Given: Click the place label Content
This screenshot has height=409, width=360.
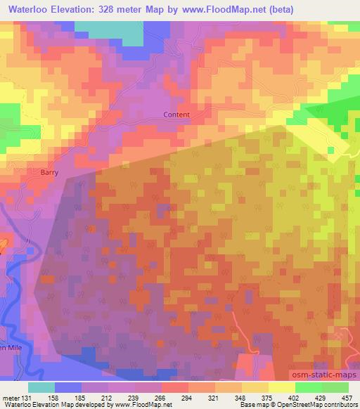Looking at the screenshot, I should click(x=176, y=115).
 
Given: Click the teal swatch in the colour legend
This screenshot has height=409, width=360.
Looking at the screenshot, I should click(x=41, y=387).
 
